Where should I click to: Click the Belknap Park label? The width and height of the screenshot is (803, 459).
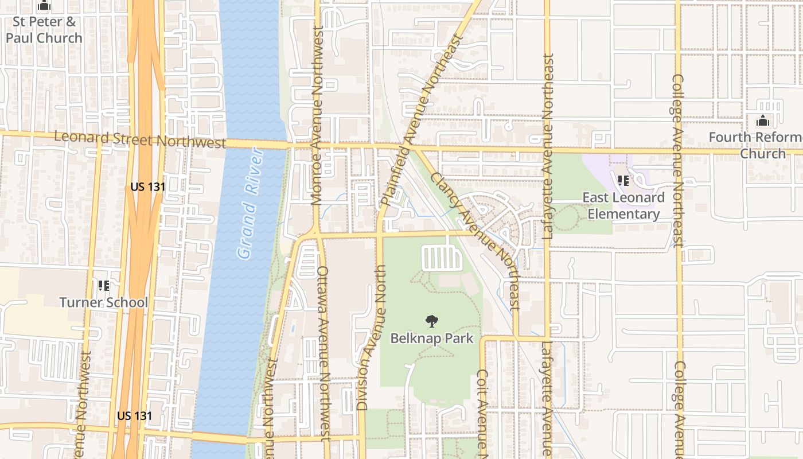[x=432, y=338]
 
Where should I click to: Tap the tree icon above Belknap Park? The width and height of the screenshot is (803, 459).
[x=432, y=321]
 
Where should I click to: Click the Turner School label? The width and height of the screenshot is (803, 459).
[x=104, y=302]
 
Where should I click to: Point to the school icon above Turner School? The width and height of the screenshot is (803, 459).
[x=104, y=285]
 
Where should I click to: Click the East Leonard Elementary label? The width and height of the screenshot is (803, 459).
[x=623, y=205]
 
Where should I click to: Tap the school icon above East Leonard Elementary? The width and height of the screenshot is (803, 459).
[x=623, y=181]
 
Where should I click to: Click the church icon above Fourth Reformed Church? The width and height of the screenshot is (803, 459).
[x=762, y=120]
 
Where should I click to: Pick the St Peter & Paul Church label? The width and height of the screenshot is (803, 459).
[x=44, y=30]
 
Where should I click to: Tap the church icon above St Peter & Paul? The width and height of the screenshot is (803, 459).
[x=44, y=6]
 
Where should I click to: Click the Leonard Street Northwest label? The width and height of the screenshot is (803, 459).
[x=140, y=139]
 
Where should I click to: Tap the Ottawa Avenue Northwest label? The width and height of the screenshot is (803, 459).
[x=323, y=353]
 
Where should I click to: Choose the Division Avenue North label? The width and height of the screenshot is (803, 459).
[x=370, y=337]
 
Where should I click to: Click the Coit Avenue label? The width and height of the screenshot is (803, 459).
[x=482, y=410]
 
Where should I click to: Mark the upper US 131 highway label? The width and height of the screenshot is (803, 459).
[x=148, y=186]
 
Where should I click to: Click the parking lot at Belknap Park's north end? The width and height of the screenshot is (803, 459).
[x=442, y=258]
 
